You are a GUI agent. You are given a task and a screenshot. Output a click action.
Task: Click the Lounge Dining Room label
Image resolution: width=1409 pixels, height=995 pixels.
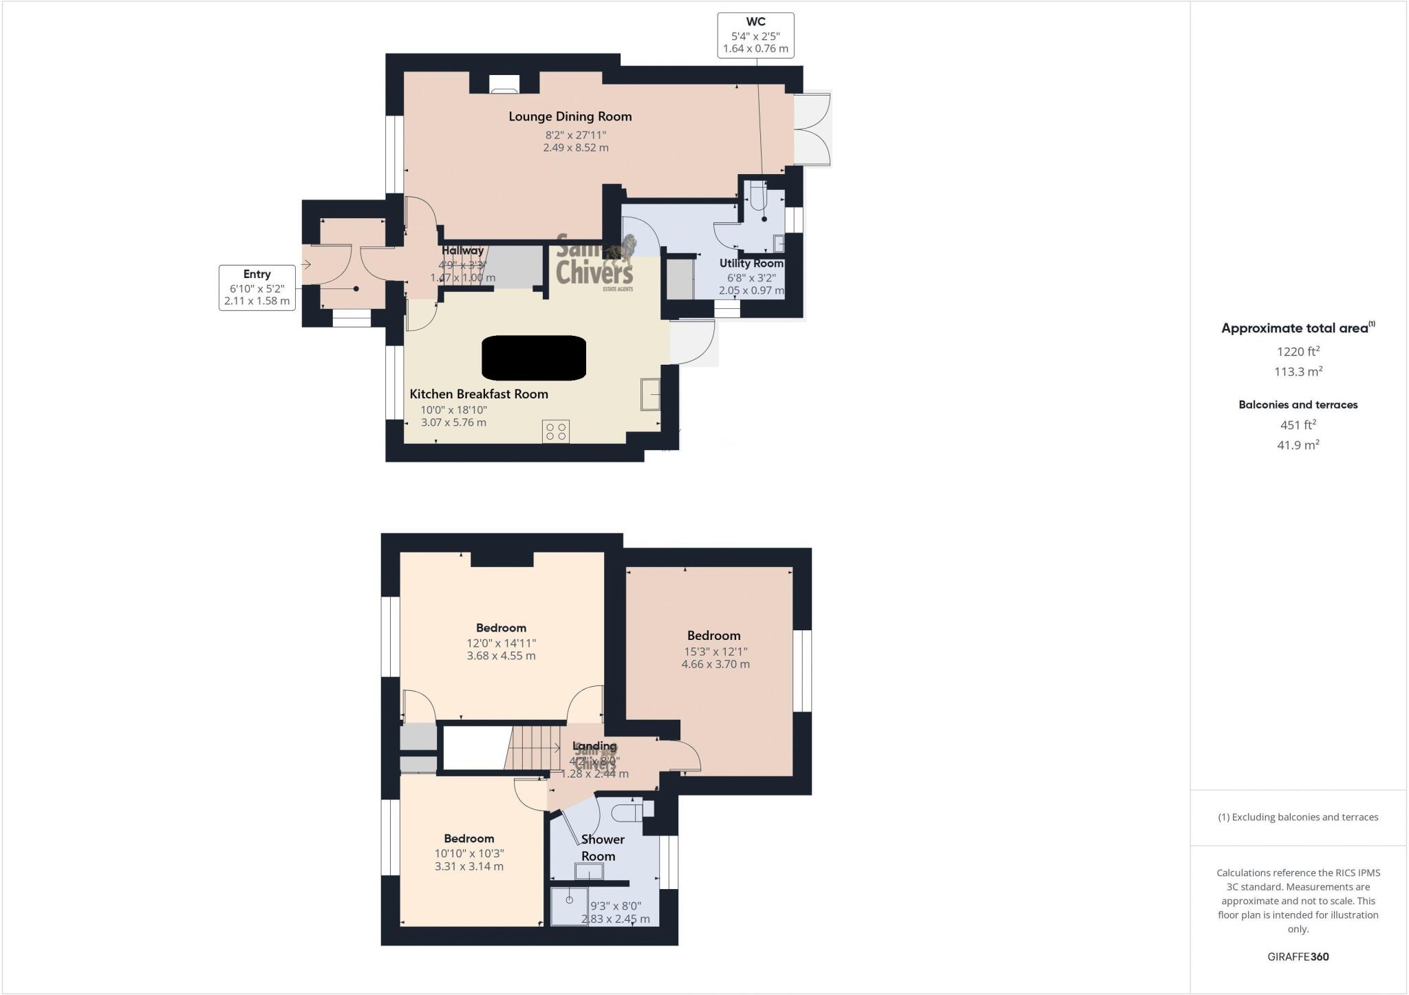pyautogui.click(x=570, y=116)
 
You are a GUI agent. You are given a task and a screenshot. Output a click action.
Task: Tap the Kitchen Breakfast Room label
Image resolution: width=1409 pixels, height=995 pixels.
pyautogui.click(x=479, y=394)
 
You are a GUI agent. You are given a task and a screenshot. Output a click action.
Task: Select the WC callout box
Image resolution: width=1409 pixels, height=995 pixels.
pyautogui.click(x=755, y=35)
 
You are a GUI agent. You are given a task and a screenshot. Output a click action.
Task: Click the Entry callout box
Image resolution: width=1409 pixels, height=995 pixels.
pyautogui.click(x=257, y=288)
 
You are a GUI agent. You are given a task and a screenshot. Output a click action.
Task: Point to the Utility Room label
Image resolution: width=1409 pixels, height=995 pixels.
pyautogui.click(x=751, y=263)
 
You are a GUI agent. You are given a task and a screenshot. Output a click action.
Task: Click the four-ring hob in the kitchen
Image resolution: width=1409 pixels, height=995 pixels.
pyautogui.click(x=555, y=431)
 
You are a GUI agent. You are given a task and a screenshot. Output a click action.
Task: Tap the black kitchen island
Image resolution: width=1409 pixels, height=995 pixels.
pyautogui.click(x=534, y=358)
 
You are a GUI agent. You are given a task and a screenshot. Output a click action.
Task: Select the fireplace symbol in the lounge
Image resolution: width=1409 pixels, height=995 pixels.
pyautogui.click(x=504, y=84)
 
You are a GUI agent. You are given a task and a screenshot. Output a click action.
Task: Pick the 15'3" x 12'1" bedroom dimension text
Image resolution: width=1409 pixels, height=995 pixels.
pyautogui.click(x=716, y=651)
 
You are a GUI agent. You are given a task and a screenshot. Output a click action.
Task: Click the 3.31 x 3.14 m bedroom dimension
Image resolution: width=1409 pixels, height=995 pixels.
pyautogui.click(x=469, y=866)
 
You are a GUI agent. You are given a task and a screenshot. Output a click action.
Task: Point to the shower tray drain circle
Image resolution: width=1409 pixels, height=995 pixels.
pyautogui.click(x=569, y=900)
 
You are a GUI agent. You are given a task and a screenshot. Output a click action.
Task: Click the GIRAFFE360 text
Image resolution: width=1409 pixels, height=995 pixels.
pyautogui.click(x=1298, y=956)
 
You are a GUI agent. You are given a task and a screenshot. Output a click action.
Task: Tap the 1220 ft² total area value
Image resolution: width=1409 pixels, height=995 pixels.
pyautogui.click(x=1298, y=352)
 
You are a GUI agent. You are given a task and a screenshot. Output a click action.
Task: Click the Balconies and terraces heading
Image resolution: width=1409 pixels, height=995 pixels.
pyautogui.click(x=1298, y=405)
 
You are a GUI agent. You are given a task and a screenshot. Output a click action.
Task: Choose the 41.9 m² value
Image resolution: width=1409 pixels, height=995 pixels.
pyautogui.click(x=1298, y=445)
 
